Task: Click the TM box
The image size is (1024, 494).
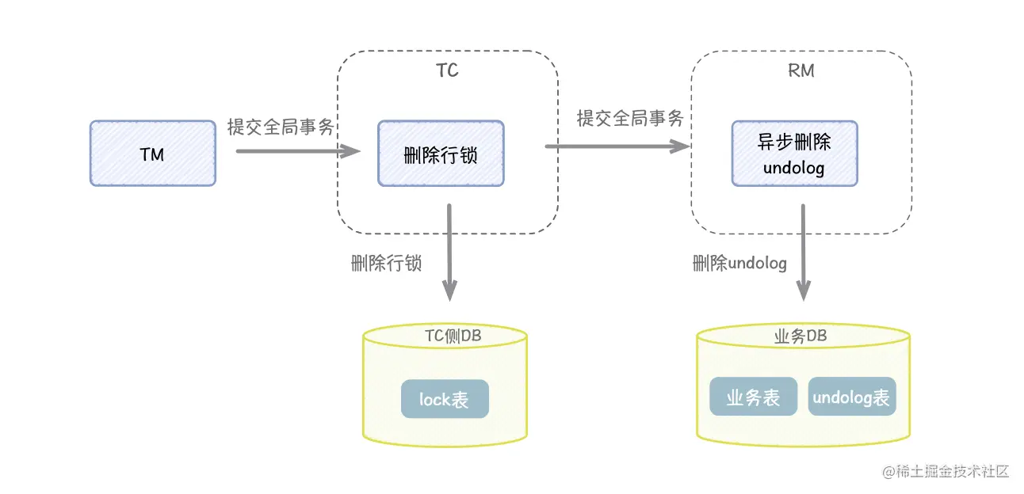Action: click(152, 154)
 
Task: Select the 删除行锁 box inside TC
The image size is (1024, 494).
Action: click(441, 154)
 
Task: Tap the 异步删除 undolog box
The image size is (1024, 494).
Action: click(793, 154)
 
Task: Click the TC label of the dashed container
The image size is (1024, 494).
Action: click(447, 71)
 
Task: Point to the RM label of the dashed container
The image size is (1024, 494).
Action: click(800, 71)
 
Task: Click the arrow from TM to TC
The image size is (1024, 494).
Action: click(297, 149)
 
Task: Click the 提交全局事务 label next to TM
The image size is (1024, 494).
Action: click(281, 127)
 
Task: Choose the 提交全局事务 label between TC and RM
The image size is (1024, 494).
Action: click(630, 119)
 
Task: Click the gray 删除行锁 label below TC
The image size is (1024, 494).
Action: click(386, 264)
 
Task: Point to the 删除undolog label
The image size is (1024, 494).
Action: click(739, 264)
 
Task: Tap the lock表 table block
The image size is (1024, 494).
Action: click(445, 399)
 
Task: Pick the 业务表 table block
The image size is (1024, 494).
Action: click(753, 397)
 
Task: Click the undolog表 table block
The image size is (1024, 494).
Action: click(852, 397)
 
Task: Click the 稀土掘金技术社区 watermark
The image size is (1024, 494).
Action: click(946, 472)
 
